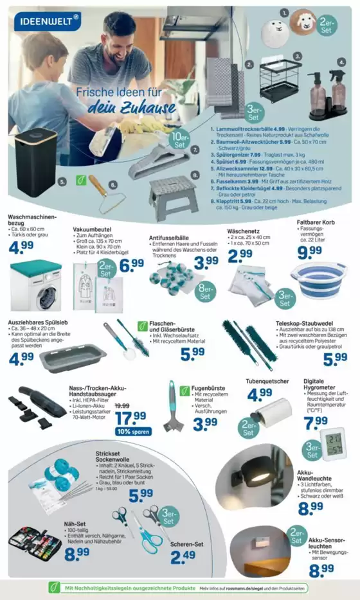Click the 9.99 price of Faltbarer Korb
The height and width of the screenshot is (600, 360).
[310, 252]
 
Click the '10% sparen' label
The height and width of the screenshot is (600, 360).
[132, 432]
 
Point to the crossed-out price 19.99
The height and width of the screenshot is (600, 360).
[122, 405]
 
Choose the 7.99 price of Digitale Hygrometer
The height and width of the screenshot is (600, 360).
[316, 423]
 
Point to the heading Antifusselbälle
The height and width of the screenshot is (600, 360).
[170, 237]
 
